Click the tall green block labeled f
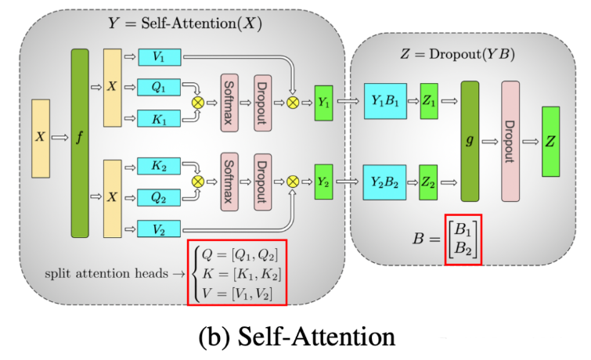click(x=80, y=142)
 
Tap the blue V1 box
click(x=160, y=56)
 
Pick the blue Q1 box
click(x=160, y=88)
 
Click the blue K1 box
click(x=160, y=119)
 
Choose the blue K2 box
click(x=160, y=166)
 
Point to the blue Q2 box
click(x=160, y=197)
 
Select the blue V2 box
click(x=160, y=229)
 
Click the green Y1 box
click(x=324, y=103)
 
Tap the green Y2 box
click(x=324, y=181)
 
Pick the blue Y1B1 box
click(x=384, y=103)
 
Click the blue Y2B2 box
click(x=384, y=181)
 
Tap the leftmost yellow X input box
click(x=40, y=137)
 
